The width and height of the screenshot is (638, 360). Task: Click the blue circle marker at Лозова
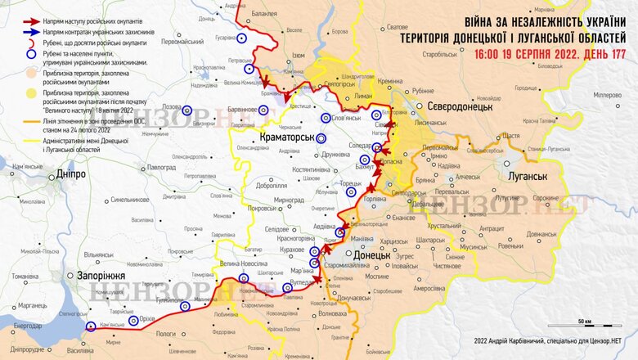pos(187,110)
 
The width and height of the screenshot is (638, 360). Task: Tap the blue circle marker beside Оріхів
pos(184,307)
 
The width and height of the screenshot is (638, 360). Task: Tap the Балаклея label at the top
pos(264,13)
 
